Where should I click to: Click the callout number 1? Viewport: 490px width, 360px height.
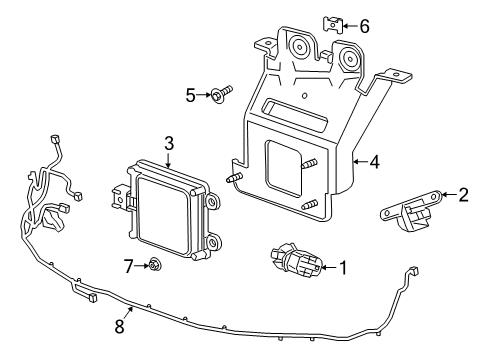tap(342, 267)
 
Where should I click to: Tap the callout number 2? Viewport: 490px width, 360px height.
tap(463, 195)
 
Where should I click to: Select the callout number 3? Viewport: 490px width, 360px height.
tap(170, 143)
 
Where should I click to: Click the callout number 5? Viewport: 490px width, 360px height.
tap(190, 95)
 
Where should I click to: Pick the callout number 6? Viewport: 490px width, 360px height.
tap(364, 27)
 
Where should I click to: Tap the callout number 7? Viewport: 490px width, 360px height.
tap(129, 265)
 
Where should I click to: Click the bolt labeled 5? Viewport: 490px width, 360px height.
tap(221, 95)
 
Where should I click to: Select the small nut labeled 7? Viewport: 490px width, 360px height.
tap(155, 265)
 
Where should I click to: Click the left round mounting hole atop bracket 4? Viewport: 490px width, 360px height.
tap(298, 46)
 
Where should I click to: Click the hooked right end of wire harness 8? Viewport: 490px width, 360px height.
tap(410, 272)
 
